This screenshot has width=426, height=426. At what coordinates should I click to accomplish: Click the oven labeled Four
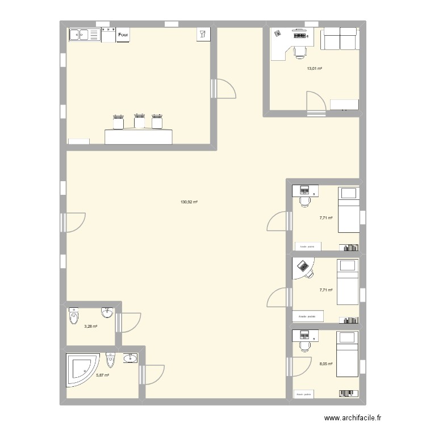123,35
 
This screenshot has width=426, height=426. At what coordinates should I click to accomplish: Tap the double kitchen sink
83,35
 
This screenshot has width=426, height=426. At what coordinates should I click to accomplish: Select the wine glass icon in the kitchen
203,34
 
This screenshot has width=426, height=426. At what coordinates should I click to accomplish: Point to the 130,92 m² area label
189,202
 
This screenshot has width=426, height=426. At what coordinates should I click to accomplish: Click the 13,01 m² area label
314,69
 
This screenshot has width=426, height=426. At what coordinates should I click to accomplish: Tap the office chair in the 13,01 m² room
299,52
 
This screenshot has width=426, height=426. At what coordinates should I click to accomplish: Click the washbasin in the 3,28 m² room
107,312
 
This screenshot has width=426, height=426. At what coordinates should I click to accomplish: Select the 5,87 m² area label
103,375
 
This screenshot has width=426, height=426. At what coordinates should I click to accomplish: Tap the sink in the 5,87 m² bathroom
130,358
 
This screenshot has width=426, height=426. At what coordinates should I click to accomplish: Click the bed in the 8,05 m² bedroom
347,354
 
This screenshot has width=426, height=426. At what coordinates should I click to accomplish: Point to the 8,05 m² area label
326,364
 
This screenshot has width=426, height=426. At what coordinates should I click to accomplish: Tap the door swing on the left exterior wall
75,222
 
